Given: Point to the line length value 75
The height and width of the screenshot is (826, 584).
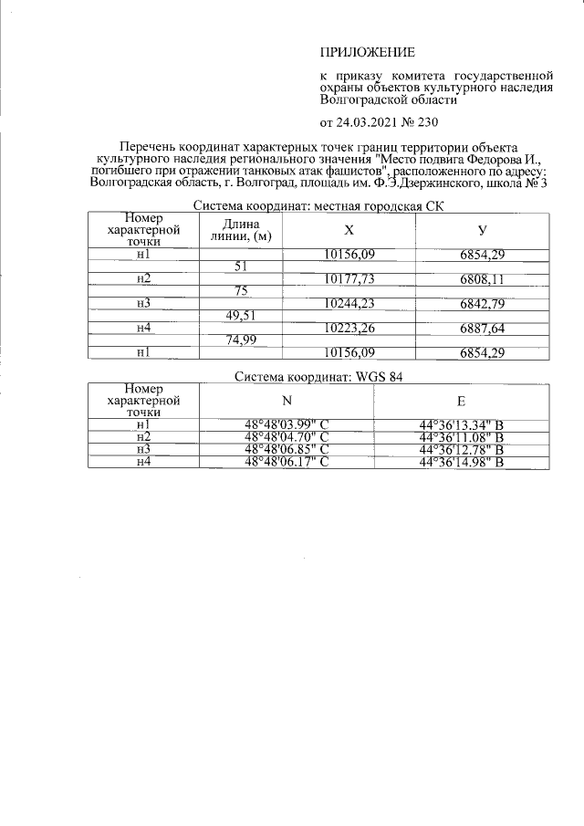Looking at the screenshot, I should (x=242, y=291).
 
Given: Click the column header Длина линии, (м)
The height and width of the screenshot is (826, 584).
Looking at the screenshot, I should (x=242, y=231).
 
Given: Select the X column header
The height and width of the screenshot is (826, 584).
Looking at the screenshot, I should (x=349, y=231).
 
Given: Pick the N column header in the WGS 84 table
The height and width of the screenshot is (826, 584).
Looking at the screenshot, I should (x=287, y=400).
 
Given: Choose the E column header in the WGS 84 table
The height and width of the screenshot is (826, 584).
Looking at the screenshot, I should (x=462, y=400).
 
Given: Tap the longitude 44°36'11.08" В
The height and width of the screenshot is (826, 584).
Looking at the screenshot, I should (x=462, y=437).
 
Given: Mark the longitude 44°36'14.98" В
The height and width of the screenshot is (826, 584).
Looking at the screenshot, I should (x=462, y=463).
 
